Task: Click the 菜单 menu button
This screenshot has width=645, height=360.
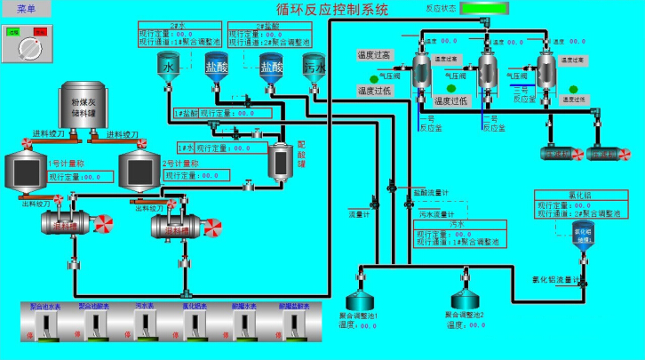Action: tap(26, 9)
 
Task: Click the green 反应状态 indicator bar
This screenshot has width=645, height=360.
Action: tap(486, 10)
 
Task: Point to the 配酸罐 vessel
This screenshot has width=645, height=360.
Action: tap(282, 161)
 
